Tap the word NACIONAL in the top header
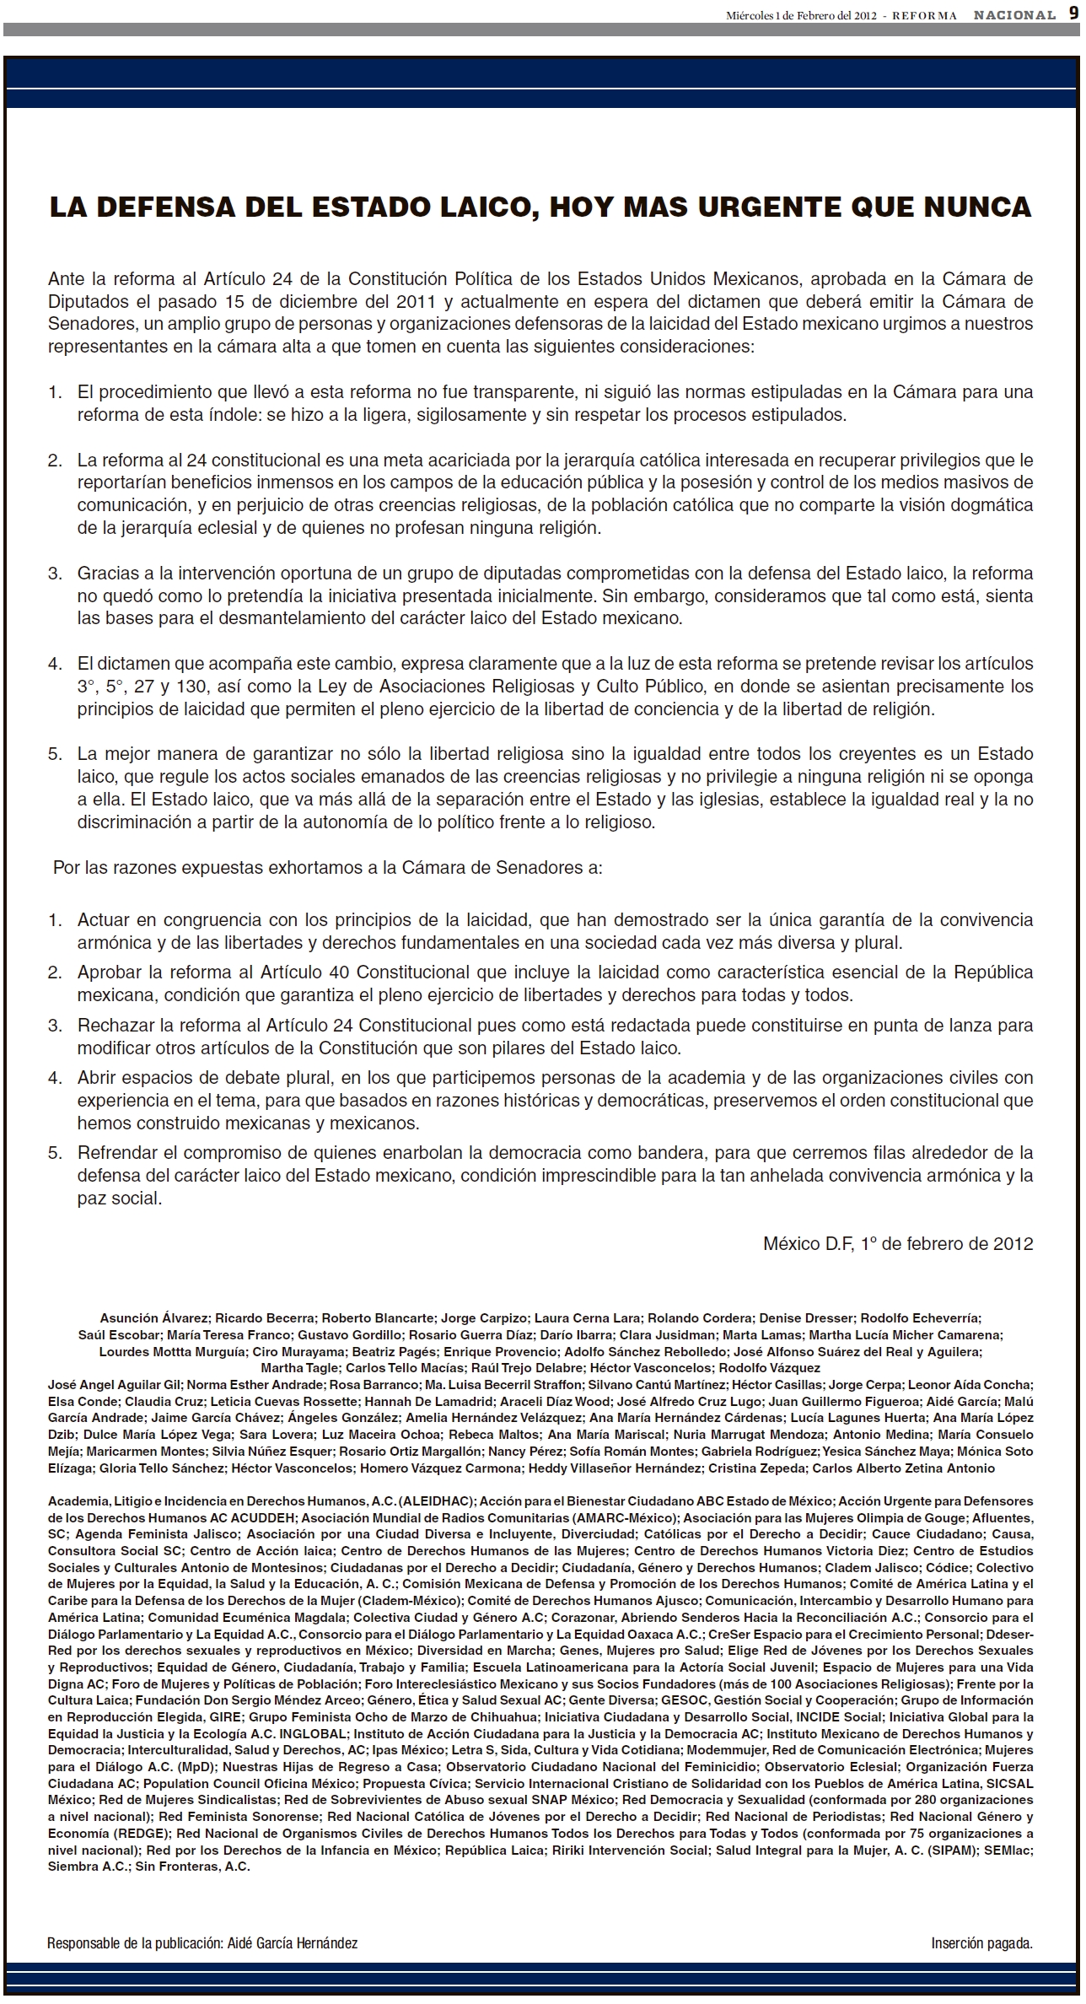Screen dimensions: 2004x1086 (x=1015, y=15)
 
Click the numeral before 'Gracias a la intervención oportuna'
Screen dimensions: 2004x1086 (x=55, y=574)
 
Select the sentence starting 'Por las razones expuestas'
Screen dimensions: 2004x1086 (x=328, y=867)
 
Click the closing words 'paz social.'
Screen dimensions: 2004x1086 (x=119, y=1199)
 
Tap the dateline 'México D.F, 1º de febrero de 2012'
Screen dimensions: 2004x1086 (x=898, y=1244)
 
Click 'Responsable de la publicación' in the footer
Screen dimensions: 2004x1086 (x=135, y=1943)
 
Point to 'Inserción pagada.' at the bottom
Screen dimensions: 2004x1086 (x=981, y=1943)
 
